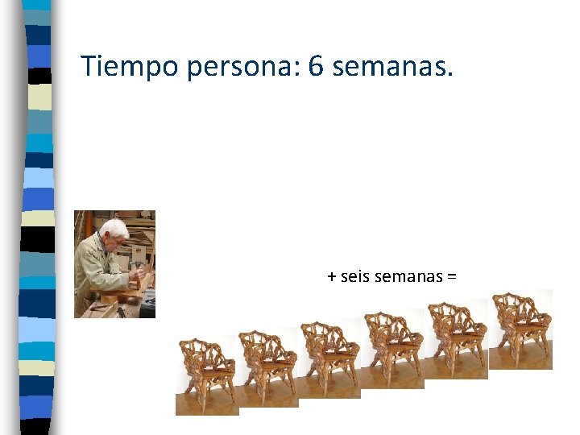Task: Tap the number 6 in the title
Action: [x=315, y=67]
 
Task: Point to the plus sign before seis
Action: [x=332, y=277]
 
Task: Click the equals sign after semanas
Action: [x=451, y=277]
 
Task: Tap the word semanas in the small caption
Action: [x=409, y=276]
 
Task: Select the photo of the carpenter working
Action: [x=114, y=263]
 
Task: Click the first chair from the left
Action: [x=207, y=375]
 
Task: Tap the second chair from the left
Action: [x=269, y=367]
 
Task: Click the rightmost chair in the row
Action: [x=521, y=329]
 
